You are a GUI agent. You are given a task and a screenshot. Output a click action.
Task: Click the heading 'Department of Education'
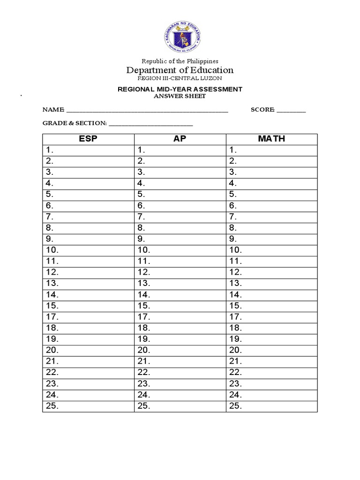pos(180,70)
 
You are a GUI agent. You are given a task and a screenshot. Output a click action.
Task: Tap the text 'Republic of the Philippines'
pos(180,61)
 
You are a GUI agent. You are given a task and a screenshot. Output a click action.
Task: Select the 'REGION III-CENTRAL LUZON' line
pos(180,78)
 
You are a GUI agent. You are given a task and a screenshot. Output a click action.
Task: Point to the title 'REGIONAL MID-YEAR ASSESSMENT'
pos(180,89)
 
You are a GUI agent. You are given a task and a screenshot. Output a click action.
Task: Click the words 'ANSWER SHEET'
pos(180,96)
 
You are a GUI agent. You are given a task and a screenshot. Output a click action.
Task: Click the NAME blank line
pos(147,112)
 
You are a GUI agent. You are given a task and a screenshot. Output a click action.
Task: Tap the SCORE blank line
pos(291,112)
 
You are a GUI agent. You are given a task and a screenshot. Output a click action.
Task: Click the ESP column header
pos(88,139)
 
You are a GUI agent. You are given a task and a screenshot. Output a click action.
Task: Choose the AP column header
pos(180,139)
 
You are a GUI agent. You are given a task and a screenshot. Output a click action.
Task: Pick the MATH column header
pos(271,139)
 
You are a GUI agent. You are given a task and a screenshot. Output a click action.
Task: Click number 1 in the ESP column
pos(50,150)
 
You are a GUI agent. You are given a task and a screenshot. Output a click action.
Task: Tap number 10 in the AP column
pos(144,250)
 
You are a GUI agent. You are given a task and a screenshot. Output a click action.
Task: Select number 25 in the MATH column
pos(236,406)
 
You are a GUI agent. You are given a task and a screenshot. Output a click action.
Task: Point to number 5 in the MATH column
pos(233,195)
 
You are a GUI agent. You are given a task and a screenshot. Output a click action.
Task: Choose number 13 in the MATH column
pos(236,284)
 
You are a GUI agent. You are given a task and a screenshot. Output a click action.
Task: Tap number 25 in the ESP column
pos(52,406)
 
